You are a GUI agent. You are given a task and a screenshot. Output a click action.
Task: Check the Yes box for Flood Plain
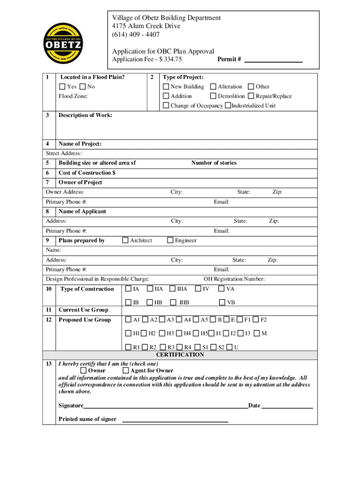tap(62, 87)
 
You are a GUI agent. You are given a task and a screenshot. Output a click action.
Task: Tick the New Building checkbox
tap(166, 87)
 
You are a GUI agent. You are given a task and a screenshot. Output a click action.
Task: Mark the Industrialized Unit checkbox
tap(228, 105)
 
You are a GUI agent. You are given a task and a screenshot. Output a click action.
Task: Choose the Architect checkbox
tap(125, 240)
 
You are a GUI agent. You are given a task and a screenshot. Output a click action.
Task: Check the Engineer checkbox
tap(170, 240)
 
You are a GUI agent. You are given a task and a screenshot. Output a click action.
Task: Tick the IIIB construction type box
tap(173, 302)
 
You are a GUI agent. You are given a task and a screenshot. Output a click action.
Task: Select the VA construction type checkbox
tap(222, 289)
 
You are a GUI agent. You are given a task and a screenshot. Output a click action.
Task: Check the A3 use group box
tap(162, 320)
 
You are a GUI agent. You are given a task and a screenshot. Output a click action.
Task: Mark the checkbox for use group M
tap(256, 333)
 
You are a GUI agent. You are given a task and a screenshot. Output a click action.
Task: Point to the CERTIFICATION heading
tap(180, 355)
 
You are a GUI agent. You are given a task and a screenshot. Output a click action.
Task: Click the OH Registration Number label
tap(234, 279)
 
